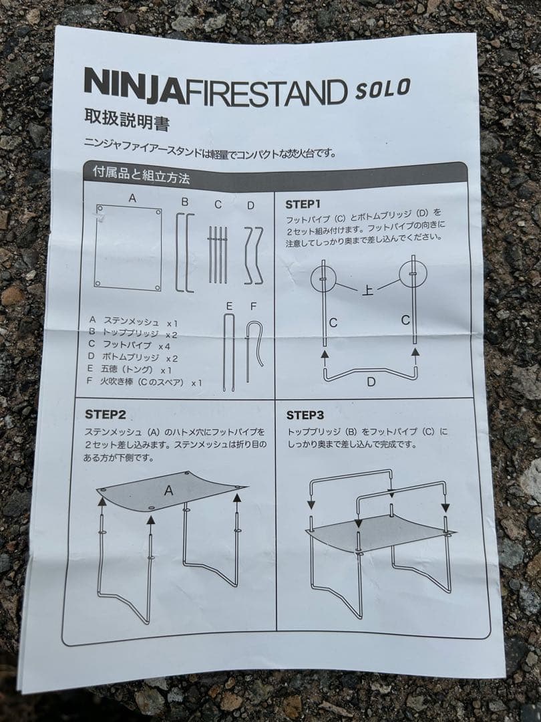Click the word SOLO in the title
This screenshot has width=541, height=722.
tap(383, 88)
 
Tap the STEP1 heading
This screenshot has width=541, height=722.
tap(303, 204)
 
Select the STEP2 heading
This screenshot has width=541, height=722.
tap(106, 414)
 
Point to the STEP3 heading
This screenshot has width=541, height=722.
tap(305, 415)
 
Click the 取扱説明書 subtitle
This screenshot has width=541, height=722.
tap(127, 119)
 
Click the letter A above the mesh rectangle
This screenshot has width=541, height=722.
tap(132, 198)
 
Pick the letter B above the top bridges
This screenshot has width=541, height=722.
tap(185, 202)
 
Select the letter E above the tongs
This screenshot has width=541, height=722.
tap(229, 306)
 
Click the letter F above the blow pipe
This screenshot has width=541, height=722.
tap(253, 306)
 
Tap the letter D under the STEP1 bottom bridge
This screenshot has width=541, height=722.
tap(371, 382)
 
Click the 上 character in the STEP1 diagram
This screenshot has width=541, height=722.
tap(367, 290)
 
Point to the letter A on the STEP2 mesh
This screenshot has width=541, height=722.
tap(169, 491)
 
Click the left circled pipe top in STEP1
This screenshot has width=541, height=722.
tap(323, 278)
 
